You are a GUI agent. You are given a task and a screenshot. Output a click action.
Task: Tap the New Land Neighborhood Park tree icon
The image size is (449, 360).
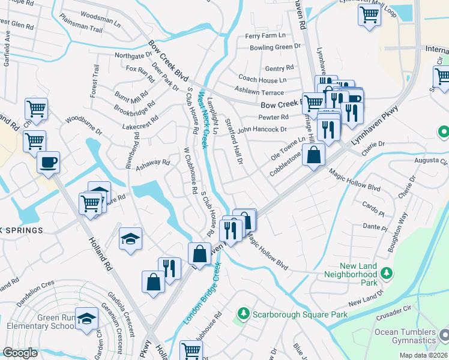[387, 274]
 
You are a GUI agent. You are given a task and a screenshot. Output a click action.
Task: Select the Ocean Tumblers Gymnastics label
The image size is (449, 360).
[405, 336]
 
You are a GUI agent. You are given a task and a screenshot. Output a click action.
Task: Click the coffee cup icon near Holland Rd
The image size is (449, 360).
[48, 161]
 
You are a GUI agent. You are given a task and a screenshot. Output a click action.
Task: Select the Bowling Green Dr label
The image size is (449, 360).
[275, 47]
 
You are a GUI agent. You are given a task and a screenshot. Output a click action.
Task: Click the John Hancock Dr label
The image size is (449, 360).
[262, 129]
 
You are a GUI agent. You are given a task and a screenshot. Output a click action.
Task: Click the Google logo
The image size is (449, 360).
[20, 352]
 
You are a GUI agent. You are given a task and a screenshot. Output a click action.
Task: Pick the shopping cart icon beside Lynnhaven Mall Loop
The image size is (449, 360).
[369, 14]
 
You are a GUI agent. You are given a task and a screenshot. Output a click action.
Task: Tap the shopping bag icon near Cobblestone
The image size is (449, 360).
[314, 155]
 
